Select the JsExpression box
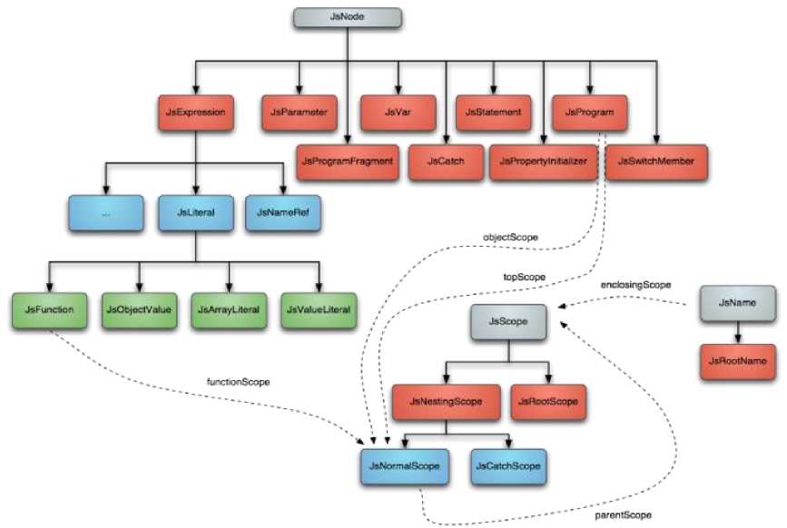coord(196,112)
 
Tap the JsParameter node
coord(298,112)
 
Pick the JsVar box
coord(398,112)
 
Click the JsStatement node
coord(493,112)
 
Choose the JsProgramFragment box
coord(346,161)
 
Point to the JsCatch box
coord(446,161)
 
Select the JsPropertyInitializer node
coord(544,161)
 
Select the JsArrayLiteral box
coord(228,308)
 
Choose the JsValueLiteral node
coord(319,308)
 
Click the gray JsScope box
coord(509,321)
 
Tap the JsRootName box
coord(741,360)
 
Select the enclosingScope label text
coord(635,285)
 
